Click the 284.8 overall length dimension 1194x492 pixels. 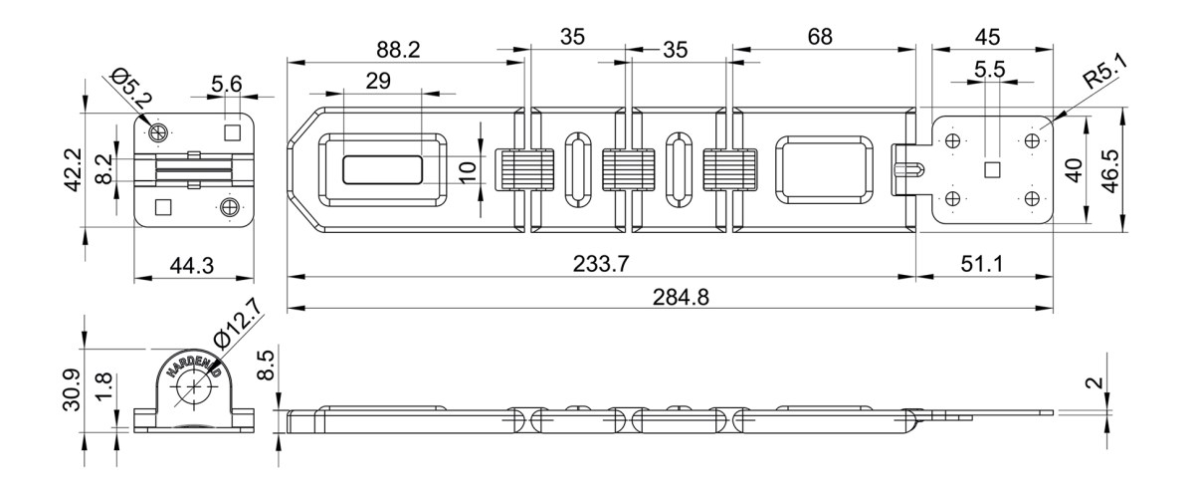pyautogui.click(x=681, y=297)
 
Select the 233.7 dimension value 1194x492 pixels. pyautogui.click(x=601, y=264)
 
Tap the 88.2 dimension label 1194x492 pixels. pyautogui.click(x=398, y=50)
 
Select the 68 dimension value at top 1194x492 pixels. pyautogui.click(x=820, y=37)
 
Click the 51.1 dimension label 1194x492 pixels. pyautogui.click(x=982, y=264)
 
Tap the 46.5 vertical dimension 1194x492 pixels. pyautogui.click(x=1110, y=170)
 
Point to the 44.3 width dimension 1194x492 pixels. pyautogui.click(x=192, y=265)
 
